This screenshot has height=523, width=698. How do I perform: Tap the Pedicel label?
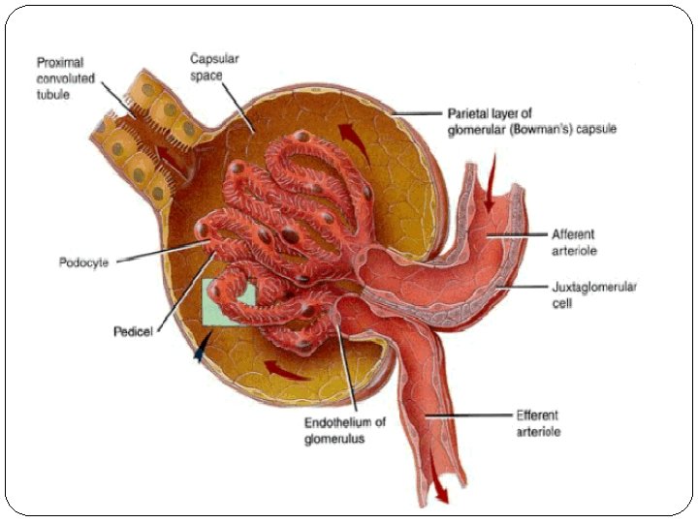[x=132, y=331]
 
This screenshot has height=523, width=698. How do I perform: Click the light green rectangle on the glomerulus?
[x=229, y=301]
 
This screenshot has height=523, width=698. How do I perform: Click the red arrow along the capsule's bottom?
[x=288, y=368]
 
